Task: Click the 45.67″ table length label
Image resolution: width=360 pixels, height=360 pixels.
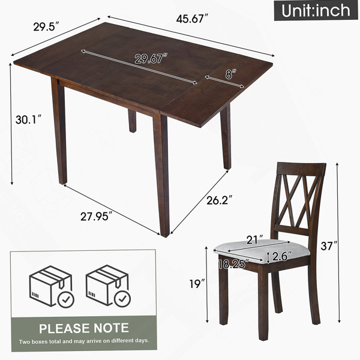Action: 192,19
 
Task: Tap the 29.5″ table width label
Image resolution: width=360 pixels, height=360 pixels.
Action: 46,26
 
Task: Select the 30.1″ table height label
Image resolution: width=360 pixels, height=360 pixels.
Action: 29,119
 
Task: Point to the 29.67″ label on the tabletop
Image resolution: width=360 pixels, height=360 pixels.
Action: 151,59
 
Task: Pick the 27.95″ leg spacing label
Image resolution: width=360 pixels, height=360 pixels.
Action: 97,216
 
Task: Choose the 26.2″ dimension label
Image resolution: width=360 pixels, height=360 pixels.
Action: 220,200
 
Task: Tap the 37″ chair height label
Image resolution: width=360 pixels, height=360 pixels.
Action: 329,246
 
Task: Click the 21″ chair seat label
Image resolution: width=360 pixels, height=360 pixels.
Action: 254,239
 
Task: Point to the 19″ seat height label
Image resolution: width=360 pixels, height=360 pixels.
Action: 197,284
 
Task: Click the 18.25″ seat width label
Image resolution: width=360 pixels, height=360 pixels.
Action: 234,264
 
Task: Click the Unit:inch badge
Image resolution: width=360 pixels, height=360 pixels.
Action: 316,10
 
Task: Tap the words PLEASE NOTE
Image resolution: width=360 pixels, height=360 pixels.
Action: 84,328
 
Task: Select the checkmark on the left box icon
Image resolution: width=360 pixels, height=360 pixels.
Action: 66,299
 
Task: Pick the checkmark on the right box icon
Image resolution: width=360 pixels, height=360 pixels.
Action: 122,299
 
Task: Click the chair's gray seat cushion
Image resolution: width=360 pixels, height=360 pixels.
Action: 262,250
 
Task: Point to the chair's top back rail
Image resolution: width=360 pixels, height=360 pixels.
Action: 302,169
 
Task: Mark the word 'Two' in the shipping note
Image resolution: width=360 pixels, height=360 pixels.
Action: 23,341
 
